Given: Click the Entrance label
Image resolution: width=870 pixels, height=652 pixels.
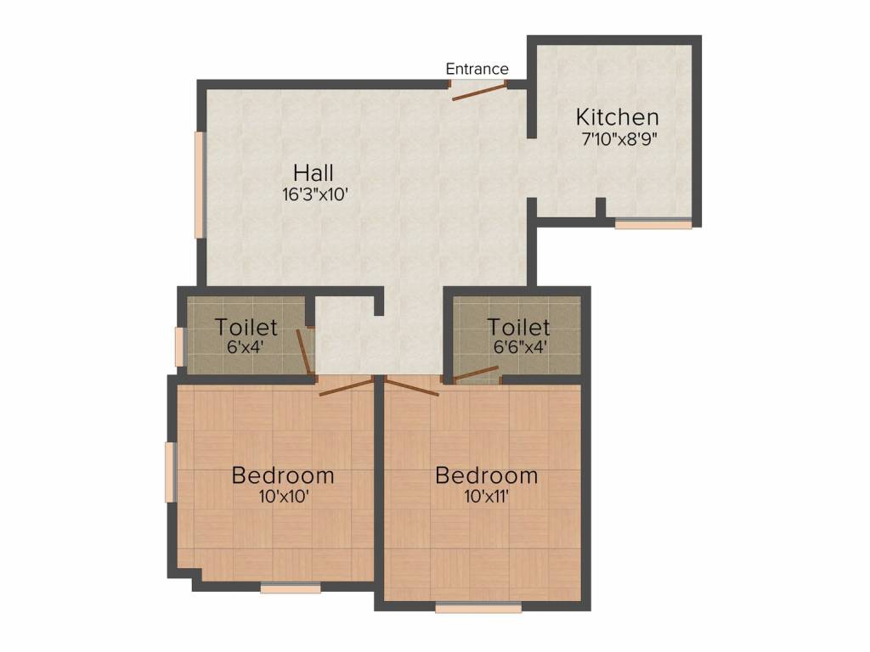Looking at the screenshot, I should tap(477, 69).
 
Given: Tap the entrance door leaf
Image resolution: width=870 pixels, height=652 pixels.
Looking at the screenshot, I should tap(479, 92).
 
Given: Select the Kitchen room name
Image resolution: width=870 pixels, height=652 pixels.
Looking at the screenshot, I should tap(617, 117).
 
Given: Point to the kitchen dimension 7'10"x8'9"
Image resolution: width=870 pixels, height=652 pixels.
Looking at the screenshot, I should tap(617, 138).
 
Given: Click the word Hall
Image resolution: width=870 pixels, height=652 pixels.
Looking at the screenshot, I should tap(314, 171).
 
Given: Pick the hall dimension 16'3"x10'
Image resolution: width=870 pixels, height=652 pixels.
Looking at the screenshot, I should tap(315, 194).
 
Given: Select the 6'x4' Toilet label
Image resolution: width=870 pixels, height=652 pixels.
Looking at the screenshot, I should tap(246, 327).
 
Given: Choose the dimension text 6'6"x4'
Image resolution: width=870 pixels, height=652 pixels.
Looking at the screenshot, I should tap(519, 347).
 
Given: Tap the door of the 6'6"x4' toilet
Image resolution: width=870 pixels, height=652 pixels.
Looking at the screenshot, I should tap(475, 374).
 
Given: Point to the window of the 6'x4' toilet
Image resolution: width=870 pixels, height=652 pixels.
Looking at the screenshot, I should tap(179, 346).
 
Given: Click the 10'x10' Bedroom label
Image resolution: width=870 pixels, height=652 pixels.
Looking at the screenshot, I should tap(283, 475).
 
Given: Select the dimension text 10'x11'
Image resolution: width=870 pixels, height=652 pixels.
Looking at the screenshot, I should tap(486, 497).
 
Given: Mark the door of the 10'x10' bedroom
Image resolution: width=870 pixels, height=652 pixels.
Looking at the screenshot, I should tap(346, 387).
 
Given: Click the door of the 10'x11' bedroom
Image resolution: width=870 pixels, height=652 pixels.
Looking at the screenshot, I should tap(411, 391).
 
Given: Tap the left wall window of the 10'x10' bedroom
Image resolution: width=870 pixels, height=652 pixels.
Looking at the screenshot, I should tap(170, 471).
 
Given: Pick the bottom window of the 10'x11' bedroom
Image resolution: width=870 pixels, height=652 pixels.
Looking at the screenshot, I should tap(477, 607).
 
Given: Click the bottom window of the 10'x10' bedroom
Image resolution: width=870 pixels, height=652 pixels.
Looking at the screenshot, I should tap(291, 587).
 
